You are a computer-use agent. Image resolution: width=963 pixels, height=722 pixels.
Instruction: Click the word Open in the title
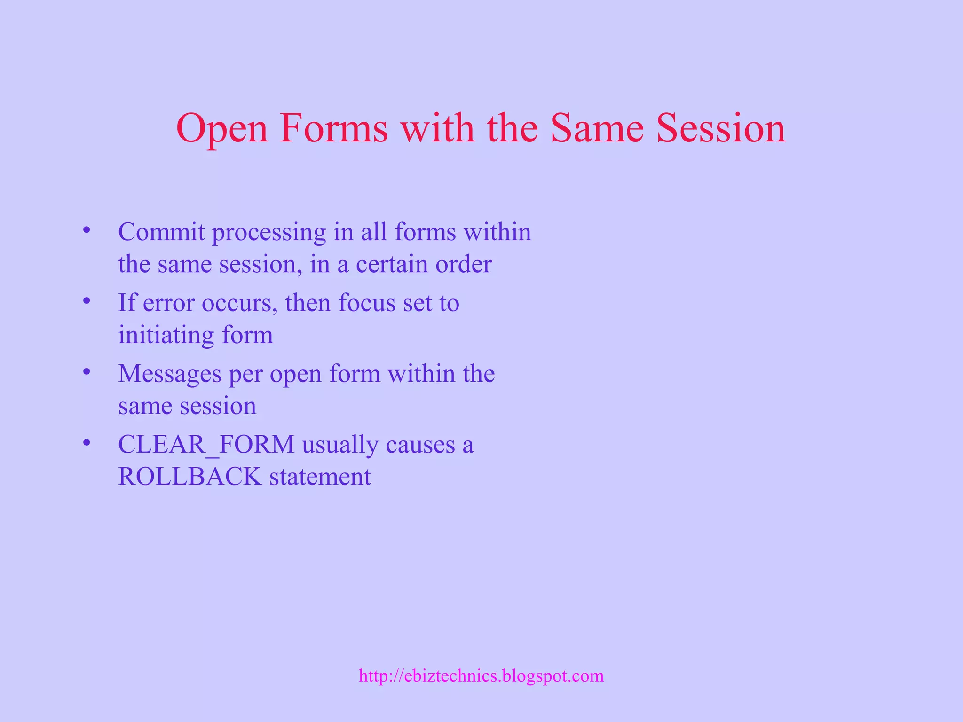click(221, 129)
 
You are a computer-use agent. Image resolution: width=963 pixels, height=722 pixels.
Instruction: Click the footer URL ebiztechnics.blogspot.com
click(481, 676)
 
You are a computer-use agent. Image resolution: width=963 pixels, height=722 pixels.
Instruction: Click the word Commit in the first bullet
click(161, 232)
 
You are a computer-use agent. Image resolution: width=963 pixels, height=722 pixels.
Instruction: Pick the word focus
click(367, 303)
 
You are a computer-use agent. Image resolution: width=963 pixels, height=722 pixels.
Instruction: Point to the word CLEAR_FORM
click(206, 445)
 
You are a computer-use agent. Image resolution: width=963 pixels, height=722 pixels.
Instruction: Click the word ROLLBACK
click(189, 477)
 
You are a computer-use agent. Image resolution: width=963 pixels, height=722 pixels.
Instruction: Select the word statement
click(320, 477)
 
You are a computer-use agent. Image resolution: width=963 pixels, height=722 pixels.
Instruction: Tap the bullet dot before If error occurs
click(86, 301)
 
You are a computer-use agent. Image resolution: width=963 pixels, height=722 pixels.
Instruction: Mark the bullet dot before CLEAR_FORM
click(86, 443)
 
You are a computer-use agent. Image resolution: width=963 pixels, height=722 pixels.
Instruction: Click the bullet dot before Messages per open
click(86, 372)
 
